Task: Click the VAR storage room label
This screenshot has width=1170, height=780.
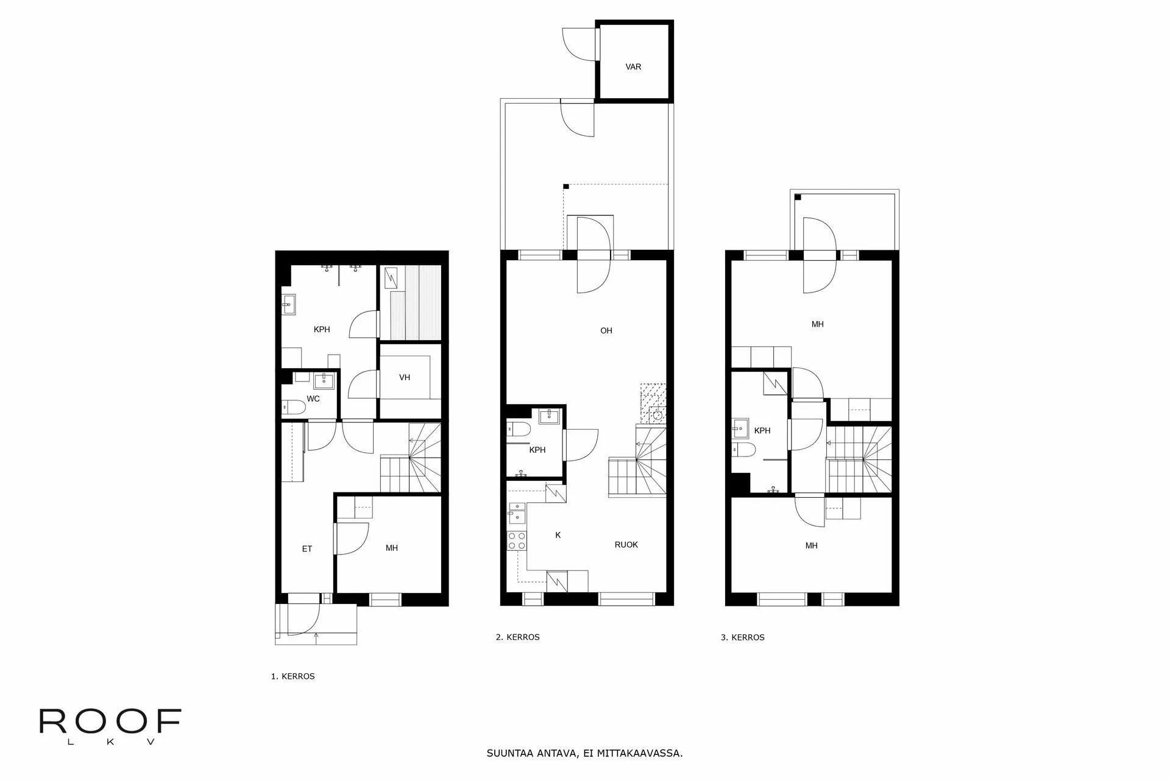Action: pos(633,67)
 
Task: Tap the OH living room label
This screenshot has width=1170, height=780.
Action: pos(606,331)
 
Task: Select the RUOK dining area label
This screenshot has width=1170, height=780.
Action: pos(626,545)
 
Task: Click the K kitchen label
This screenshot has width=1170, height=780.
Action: pos(558,535)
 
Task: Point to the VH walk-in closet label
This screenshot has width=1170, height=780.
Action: pos(405,378)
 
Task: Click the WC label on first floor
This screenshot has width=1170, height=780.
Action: pos(313,399)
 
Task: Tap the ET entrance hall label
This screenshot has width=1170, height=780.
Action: pos(307,549)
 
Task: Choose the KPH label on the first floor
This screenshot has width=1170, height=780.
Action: pos(322,330)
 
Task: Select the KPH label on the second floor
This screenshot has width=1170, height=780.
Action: pos(537,450)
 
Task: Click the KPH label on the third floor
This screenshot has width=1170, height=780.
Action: pos(762,431)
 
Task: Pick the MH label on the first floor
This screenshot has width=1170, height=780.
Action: pos(392,548)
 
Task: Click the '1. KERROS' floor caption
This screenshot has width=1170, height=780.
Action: pos(292,676)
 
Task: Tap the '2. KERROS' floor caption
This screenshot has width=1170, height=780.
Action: pos(517,637)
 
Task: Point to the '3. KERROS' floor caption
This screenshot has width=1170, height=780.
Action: pos(742,638)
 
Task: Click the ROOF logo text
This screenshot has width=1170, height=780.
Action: pos(110,722)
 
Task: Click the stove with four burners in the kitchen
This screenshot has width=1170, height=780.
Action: pos(517,541)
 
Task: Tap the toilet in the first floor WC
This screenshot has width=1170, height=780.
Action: pos(289,406)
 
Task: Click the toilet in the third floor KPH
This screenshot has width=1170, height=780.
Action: pos(745,450)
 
